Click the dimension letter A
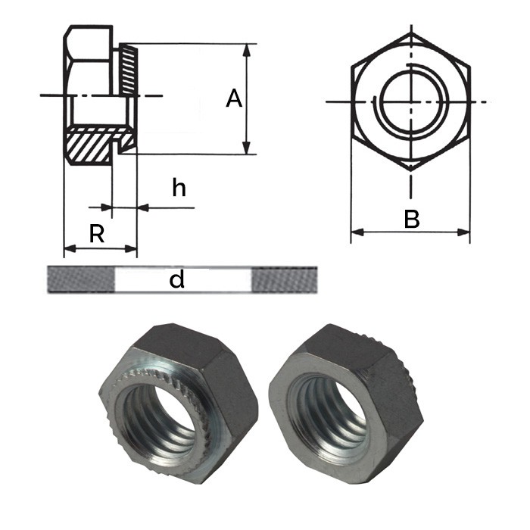pos(234,99)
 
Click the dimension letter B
pos(411,220)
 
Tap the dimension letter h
pos(178,187)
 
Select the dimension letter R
pos(96,235)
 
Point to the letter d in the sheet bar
pos(177,280)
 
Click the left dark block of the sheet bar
pos(80,279)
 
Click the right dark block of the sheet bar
pos(282,279)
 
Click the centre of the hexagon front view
pos(410,101)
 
